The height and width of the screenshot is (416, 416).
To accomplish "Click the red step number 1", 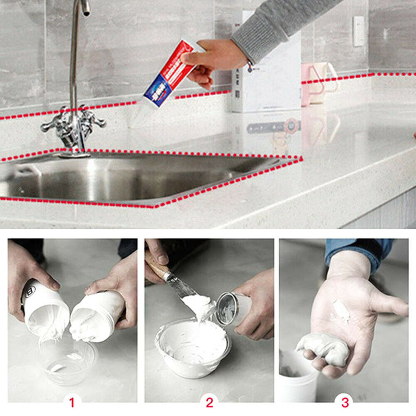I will coord(72,402).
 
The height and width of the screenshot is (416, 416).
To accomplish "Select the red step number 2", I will coord(209,402).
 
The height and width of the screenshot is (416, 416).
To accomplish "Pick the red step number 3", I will coord(345,402).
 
